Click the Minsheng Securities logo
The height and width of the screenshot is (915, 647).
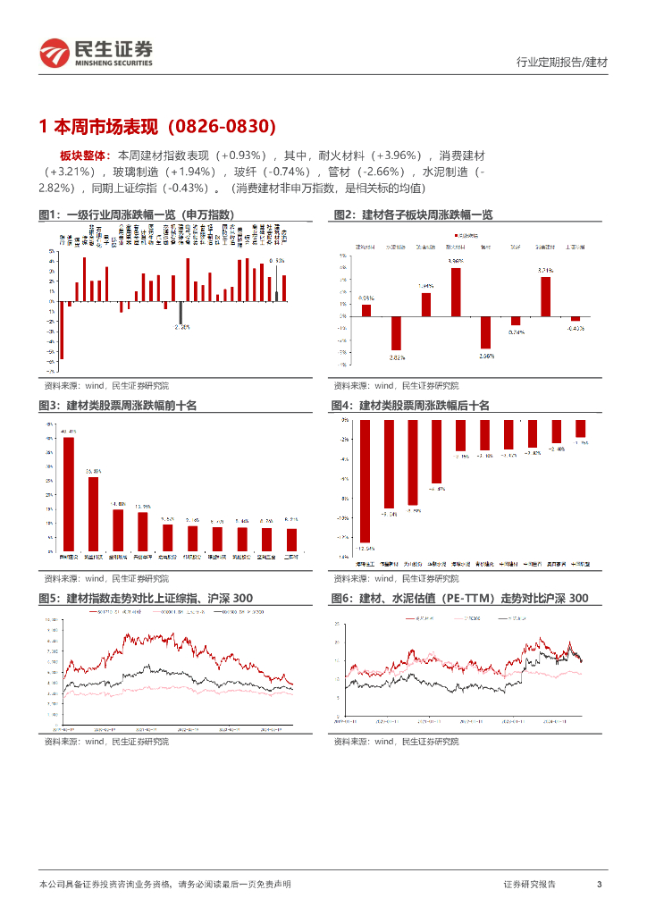pos(95,54)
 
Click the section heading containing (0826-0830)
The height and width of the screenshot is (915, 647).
pos(157,126)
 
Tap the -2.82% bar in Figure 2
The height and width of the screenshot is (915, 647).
pos(396,332)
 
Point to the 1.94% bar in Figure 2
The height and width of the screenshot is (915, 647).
pos(426,304)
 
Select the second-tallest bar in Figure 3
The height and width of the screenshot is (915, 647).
pos(93,514)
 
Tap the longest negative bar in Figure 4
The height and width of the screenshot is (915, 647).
pos(365,481)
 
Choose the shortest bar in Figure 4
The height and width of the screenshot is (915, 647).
pos(580,429)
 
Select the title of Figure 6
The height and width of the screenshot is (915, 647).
pos(459,598)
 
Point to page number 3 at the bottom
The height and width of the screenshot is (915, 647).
pos(599,884)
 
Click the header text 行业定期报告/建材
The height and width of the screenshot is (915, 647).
pos(562,63)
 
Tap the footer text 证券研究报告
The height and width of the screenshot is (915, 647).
pos(529,884)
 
